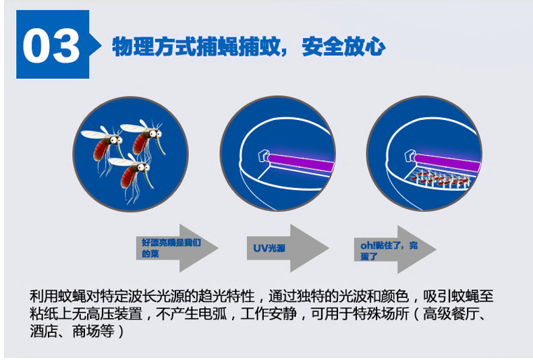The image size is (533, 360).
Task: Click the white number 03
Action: [x=51, y=46]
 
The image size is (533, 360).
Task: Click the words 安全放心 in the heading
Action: [x=343, y=47]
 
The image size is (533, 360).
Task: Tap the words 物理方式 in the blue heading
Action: [x=154, y=47]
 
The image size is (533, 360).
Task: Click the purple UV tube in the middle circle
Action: [x=300, y=162]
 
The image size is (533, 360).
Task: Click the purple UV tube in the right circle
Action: [x=447, y=163]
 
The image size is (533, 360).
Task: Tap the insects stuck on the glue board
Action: [x=439, y=178]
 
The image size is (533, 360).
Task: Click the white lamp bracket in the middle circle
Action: [x=263, y=156]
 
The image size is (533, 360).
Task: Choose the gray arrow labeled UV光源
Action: [x=287, y=248]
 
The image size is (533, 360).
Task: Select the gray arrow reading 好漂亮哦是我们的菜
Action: [x=177, y=248]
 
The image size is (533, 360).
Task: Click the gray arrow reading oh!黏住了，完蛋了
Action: [x=395, y=249]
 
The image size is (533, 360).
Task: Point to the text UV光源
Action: [x=269, y=248]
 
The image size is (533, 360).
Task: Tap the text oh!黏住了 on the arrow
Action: [x=381, y=245]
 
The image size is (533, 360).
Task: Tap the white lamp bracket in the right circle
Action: [x=410, y=156]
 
